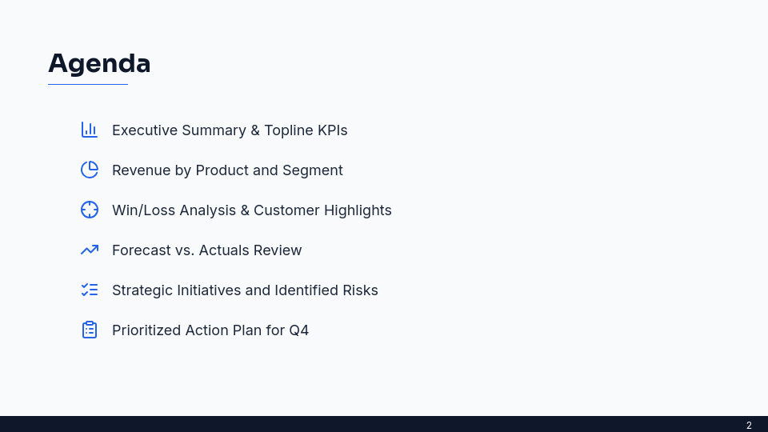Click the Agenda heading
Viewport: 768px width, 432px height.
[99, 63]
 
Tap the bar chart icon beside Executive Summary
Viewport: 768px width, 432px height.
[90, 130]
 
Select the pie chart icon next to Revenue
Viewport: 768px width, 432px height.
[90, 170]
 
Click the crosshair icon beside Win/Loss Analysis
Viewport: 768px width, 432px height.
[90, 210]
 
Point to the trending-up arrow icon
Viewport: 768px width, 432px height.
[90, 250]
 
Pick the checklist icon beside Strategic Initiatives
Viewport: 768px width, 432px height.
[90, 290]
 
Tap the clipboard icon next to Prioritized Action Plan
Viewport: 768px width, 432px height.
[90, 330]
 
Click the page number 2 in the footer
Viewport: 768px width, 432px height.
[749, 426]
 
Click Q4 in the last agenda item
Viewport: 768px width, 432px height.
[298, 330]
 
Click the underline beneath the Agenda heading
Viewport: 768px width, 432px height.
[88, 84]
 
